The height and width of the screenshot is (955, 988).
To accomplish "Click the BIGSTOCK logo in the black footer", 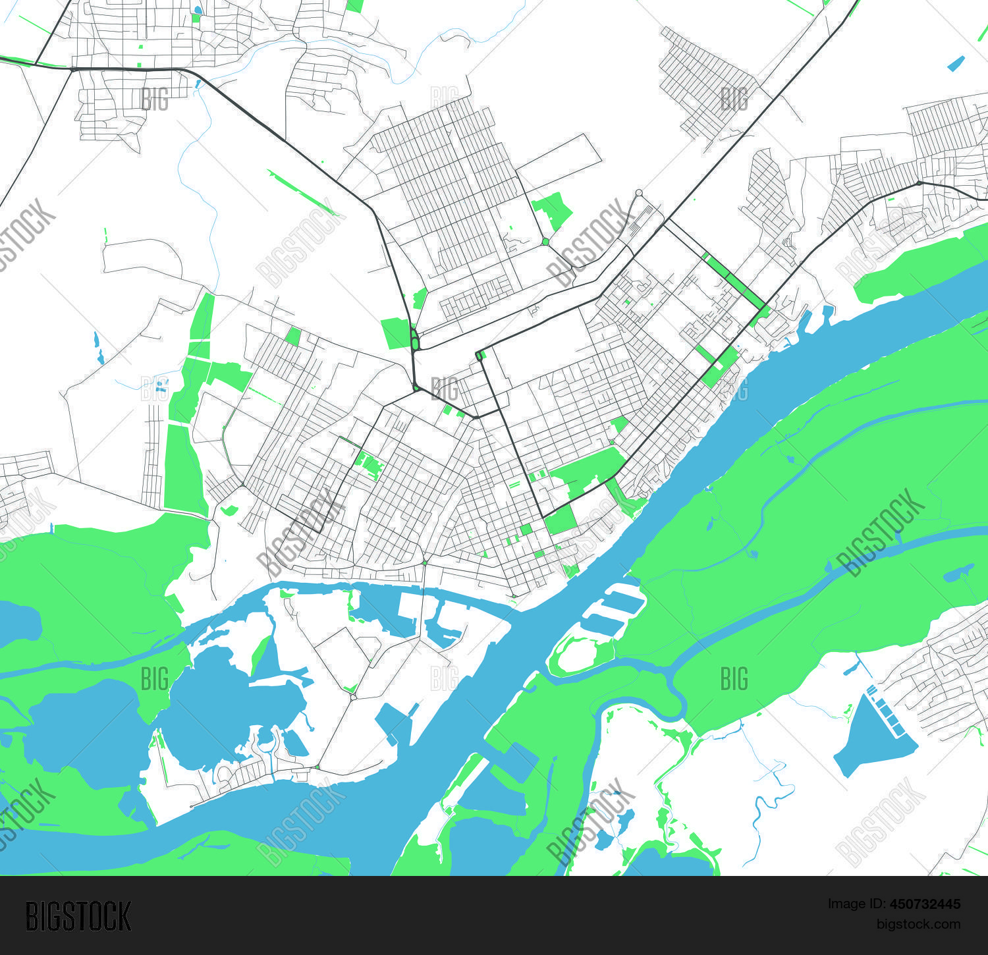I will pyautogui.click(x=78, y=916).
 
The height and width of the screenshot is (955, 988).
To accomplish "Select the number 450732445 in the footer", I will pyautogui.click(x=923, y=904).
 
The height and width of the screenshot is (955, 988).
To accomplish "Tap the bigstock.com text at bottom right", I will pyautogui.click(x=918, y=924).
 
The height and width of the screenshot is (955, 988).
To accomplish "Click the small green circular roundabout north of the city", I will pyautogui.click(x=545, y=242).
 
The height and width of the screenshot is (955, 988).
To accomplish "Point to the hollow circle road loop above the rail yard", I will pyautogui.click(x=638, y=193).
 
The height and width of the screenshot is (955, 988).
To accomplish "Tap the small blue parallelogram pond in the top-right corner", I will pyautogui.click(x=956, y=64).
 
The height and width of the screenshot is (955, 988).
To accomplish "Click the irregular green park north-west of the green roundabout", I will pyautogui.click(x=552, y=210).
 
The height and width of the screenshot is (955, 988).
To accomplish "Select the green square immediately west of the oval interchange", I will pyautogui.click(x=395, y=333).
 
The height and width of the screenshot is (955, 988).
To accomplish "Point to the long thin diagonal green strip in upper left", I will pyautogui.click(x=303, y=192).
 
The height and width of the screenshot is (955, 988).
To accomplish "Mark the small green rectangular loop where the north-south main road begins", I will pyautogui.click(x=480, y=356).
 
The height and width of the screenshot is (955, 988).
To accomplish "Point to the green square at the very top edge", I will pyautogui.click(x=354, y=5).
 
